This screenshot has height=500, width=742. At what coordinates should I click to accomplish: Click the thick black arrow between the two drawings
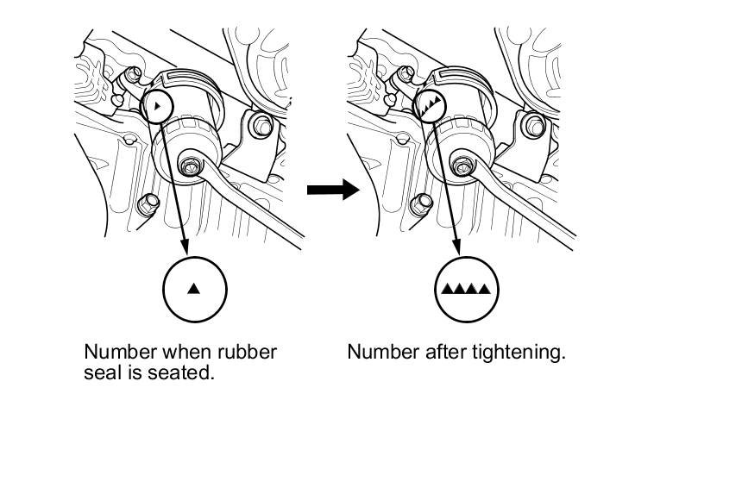[333, 189]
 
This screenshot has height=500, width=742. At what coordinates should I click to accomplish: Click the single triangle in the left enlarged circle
[194, 289]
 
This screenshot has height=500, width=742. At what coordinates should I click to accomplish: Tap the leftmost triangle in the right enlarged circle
[447, 289]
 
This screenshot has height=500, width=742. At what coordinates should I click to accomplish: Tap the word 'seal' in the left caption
[102, 374]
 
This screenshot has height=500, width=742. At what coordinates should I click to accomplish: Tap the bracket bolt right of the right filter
[535, 127]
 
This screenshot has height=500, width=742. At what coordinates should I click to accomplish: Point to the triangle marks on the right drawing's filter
[431, 107]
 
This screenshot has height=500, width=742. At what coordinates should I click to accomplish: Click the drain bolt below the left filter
[147, 203]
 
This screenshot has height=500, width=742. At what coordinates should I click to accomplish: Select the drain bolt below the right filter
[423, 203]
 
